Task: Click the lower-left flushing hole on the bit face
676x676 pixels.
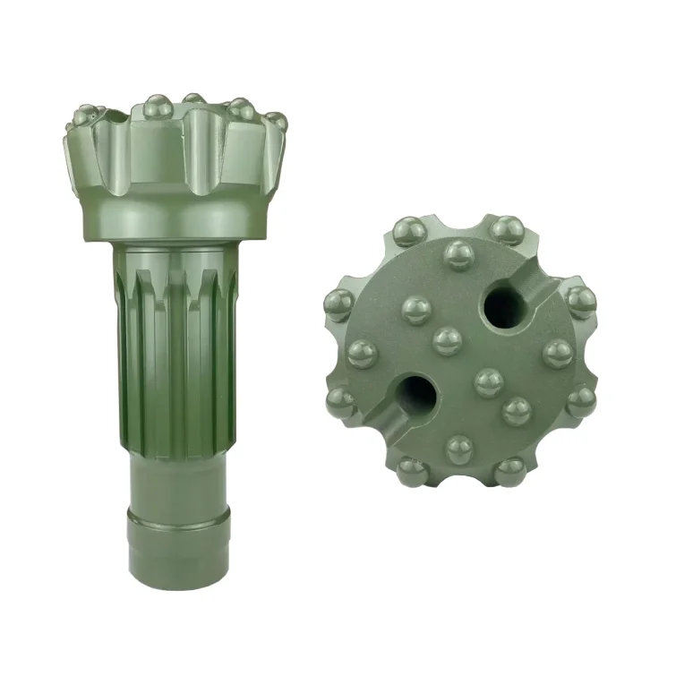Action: pos(413,392)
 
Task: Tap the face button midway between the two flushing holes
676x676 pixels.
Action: pos(447,340)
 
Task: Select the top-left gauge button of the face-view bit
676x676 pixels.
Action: pos(409,232)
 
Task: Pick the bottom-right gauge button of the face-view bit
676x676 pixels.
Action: pos(509,470)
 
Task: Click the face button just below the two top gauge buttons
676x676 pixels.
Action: pos(459,255)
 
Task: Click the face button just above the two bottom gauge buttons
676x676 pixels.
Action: pos(460,448)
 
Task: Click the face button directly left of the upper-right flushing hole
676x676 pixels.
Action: pos(417,310)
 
